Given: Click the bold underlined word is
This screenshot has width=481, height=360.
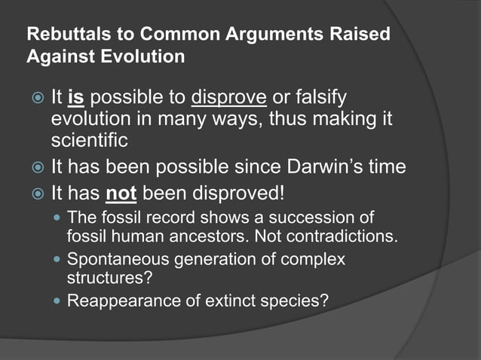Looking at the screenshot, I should pyautogui.click(x=75, y=99).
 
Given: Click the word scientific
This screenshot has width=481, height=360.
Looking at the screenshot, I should pyautogui.click(x=88, y=141).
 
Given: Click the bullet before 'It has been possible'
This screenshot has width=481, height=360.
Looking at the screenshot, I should pyautogui.click(x=35, y=166).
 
